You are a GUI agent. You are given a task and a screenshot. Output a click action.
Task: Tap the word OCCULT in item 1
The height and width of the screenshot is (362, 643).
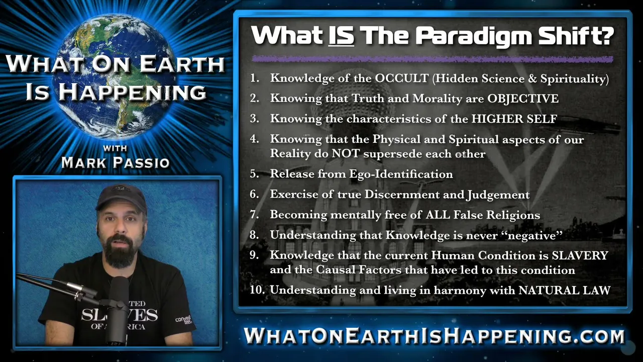[x=402, y=78]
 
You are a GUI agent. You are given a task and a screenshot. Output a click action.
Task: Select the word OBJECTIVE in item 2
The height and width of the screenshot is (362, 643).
[x=523, y=98]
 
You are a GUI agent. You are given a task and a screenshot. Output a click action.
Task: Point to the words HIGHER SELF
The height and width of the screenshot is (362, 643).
[x=514, y=119]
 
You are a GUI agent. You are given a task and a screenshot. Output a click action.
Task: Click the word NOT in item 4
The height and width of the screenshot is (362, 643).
[x=346, y=153]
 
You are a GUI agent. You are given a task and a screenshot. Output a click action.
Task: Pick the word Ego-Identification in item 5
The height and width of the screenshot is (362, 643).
[x=401, y=174]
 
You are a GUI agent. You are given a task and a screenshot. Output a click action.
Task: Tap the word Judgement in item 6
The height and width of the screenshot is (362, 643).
[x=498, y=195]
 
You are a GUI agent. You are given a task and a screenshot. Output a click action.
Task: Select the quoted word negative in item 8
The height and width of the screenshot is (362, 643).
[x=531, y=236]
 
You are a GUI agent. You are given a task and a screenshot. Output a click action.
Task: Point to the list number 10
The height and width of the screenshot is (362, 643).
[x=257, y=290]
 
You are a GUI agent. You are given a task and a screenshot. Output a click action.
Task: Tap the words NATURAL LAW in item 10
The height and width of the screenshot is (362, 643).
[x=564, y=290]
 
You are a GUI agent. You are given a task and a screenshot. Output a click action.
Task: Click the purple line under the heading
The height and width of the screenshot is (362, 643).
[x=433, y=59]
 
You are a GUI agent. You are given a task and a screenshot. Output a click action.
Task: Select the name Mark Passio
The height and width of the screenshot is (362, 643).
[x=116, y=162]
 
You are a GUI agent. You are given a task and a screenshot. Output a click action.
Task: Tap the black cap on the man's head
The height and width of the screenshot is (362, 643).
[x=122, y=198]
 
